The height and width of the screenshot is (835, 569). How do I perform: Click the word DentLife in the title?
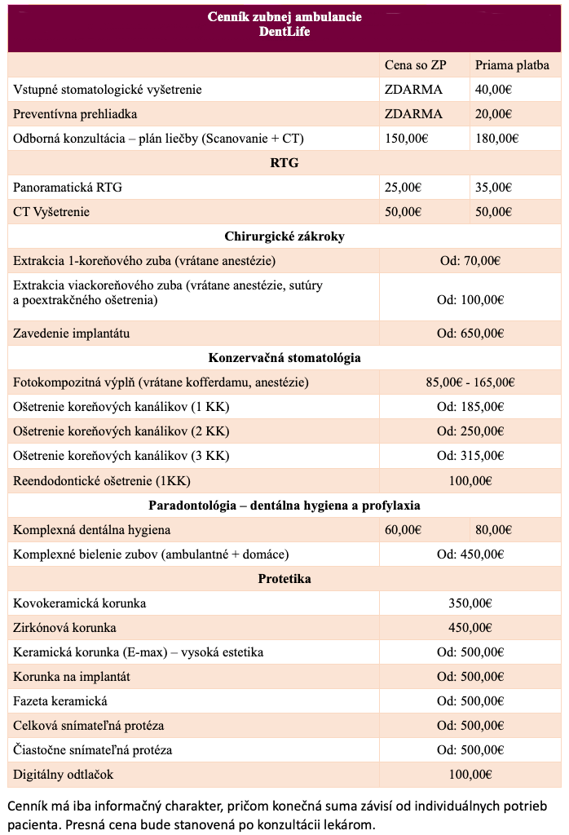[x=284, y=32]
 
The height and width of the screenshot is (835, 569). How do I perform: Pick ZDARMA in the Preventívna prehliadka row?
[x=413, y=114]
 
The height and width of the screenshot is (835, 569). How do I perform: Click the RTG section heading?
[x=284, y=163]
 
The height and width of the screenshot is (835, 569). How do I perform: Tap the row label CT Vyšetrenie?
[x=51, y=212]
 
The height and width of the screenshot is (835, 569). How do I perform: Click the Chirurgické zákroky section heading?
[x=284, y=236]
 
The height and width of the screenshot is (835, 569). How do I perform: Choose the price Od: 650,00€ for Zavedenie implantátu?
[x=470, y=334]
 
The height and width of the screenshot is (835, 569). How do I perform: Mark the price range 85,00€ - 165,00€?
[x=470, y=382]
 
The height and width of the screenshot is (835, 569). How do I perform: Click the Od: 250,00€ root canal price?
[x=470, y=431]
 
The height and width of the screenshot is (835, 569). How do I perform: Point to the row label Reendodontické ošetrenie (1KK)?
[x=102, y=480]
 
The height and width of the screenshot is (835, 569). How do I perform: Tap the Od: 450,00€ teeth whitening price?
[x=470, y=554]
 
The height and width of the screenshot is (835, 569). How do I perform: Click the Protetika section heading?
[x=284, y=579]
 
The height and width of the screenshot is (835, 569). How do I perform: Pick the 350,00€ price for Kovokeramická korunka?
[x=470, y=603]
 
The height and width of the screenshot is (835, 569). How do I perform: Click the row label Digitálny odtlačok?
[x=64, y=774]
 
